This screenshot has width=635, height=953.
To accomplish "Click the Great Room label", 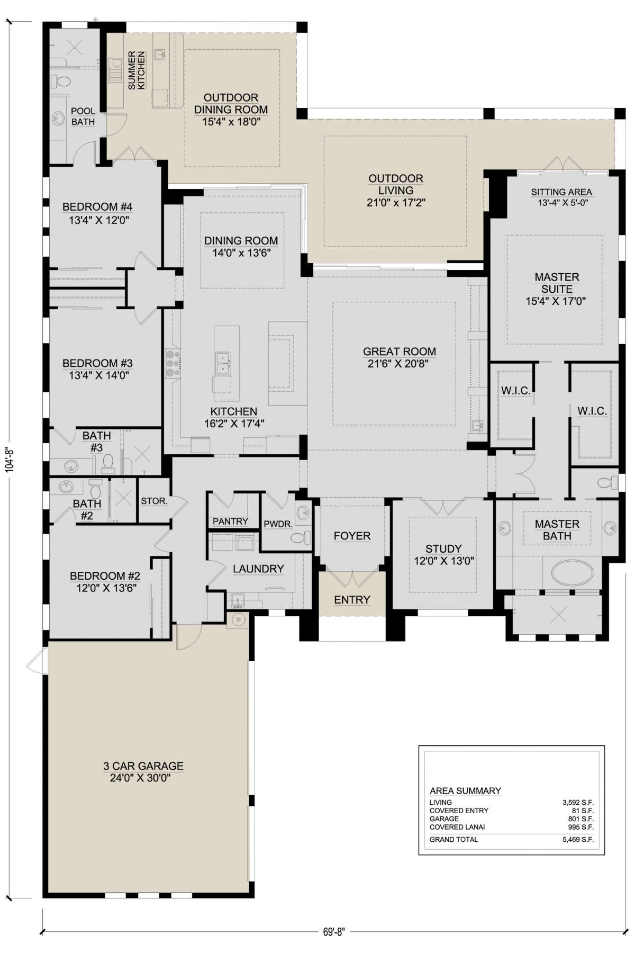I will coord(400,352).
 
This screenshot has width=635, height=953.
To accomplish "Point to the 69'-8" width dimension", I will coord(333,932).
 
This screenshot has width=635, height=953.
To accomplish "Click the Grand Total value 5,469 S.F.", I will coord(578,840).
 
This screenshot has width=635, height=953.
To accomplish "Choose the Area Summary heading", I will coord(465,790).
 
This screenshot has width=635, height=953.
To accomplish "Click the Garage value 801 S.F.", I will coord(580,819).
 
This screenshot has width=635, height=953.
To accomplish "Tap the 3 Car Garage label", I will coord(143,766).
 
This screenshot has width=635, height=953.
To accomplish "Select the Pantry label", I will coord(230,522).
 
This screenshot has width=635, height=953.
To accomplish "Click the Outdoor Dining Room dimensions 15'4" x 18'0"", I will coord(231,122).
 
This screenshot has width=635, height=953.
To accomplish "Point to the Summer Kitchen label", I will coord(137,70).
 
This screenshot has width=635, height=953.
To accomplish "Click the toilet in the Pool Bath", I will coord(62,82).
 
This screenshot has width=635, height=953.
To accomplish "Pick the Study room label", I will coord(443,549).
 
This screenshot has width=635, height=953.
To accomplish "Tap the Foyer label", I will coord(352,536).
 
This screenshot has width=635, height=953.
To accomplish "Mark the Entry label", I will coord(352,599).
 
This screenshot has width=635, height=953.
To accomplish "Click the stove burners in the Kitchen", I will coord(173,363).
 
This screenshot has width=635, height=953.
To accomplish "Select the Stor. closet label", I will coord(154,501).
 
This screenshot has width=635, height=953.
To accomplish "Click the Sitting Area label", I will coord(561,192).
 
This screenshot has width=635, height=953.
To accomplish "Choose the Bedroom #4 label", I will coord(97,207).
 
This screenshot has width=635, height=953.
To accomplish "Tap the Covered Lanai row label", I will coord(457,827).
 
